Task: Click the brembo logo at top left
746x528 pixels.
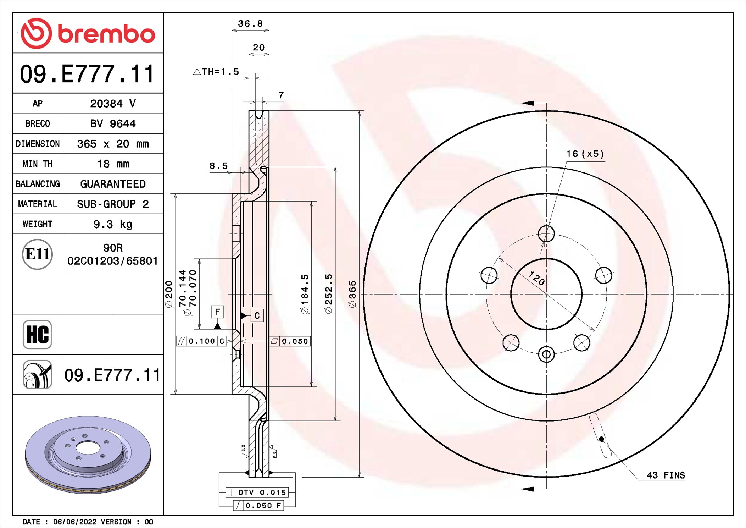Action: click(88, 33)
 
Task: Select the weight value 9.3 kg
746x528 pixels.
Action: click(113, 224)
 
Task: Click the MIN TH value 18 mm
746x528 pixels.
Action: click(113, 164)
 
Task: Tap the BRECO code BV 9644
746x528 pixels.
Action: click(113, 123)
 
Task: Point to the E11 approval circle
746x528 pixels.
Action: click(38, 254)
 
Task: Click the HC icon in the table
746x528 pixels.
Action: click(38, 334)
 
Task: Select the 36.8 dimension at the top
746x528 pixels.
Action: click(250, 24)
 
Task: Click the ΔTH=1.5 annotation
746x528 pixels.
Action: click(216, 72)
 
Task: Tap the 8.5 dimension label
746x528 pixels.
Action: click(218, 166)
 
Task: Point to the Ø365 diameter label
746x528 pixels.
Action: click(352, 294)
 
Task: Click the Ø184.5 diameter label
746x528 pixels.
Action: click(305, 294)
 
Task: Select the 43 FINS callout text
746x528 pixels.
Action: click(666, 475)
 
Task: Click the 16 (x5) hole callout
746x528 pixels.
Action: click(585, 154)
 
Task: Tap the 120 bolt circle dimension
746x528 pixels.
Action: click(536, 278)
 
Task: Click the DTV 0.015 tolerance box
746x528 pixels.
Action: click(257, 493)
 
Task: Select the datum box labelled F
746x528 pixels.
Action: click(217, 312)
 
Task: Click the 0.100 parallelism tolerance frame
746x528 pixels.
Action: click(201, 341)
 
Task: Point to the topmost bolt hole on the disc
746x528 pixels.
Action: click(546, 234)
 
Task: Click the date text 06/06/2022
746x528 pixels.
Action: click(74, 522)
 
